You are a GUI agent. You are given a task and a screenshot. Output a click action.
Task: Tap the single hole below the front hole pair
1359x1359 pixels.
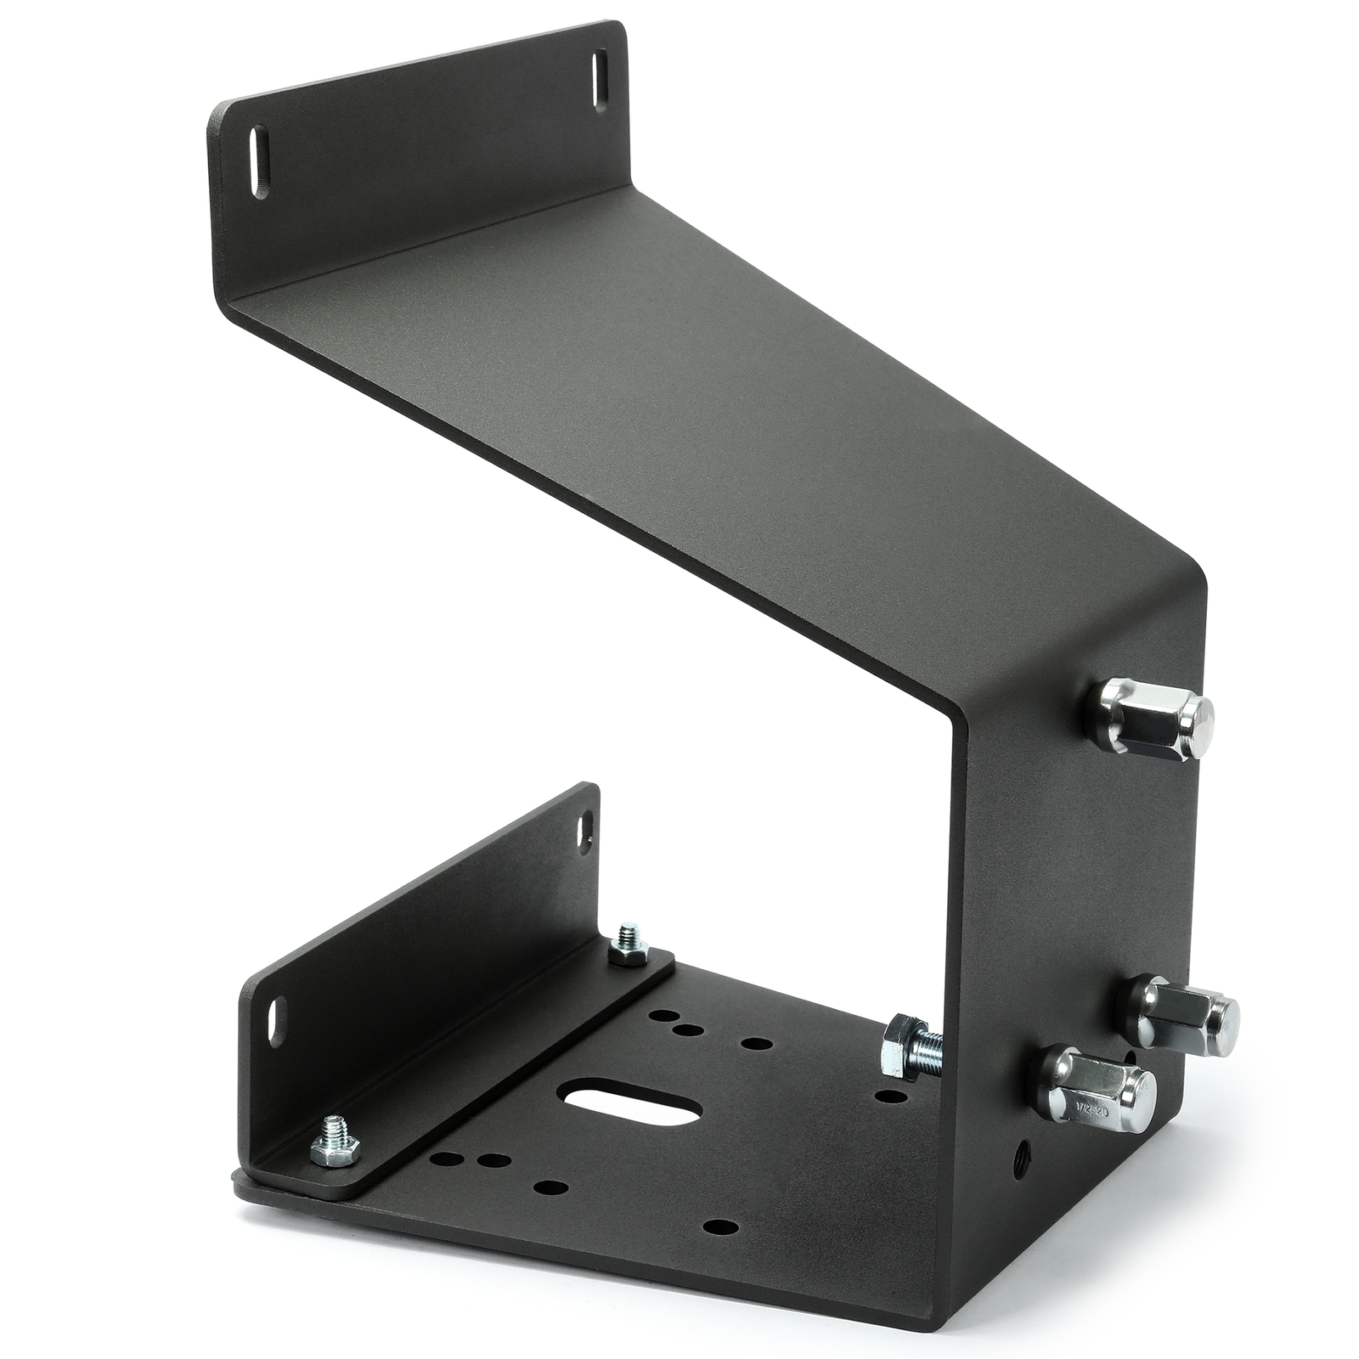pos(550,1185)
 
